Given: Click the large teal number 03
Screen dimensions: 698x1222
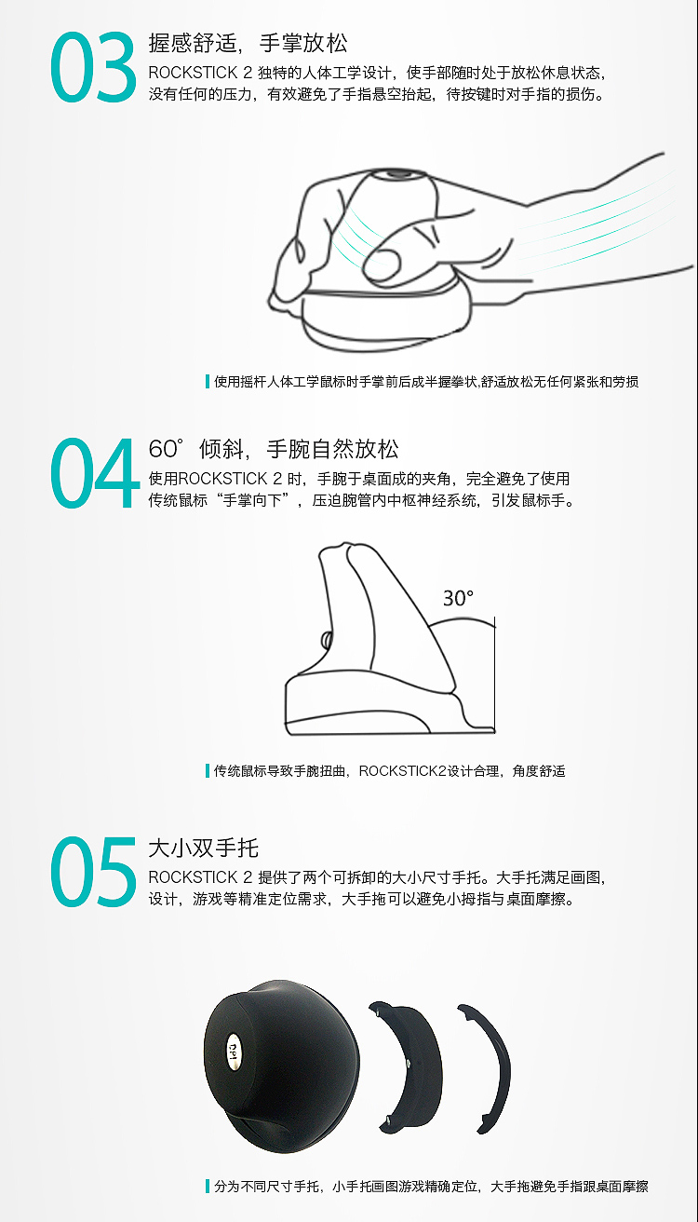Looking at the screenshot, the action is tap(93, 67).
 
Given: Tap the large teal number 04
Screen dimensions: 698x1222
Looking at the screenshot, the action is tap(94, 472).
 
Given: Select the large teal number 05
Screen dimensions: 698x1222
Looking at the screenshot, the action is tap(93, 872).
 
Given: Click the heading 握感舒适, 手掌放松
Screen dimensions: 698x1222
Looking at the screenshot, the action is tap(248, 43).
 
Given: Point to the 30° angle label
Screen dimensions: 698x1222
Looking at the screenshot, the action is tap(458, 599).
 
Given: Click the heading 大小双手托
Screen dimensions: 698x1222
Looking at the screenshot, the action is tap(204, 848).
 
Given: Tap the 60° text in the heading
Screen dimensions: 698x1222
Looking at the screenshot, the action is tap(166, 449).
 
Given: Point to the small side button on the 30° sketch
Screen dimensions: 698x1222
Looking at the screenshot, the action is tap(327, 639).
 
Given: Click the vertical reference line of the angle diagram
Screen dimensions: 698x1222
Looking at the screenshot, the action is tap(494, 674).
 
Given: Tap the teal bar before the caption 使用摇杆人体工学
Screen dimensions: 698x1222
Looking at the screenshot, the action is tap(208, 381).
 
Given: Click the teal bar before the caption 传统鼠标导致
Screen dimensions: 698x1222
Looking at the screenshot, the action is tap(208, 771).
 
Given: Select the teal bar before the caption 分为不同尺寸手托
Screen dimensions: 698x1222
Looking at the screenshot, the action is tap(208, 1186).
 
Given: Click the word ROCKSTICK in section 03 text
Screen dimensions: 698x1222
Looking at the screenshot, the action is tap(193, 73).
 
